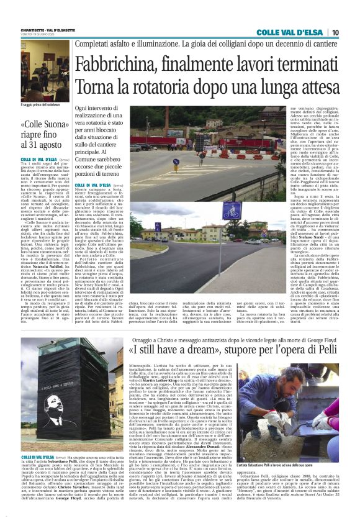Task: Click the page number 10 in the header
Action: coord(351,32)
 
